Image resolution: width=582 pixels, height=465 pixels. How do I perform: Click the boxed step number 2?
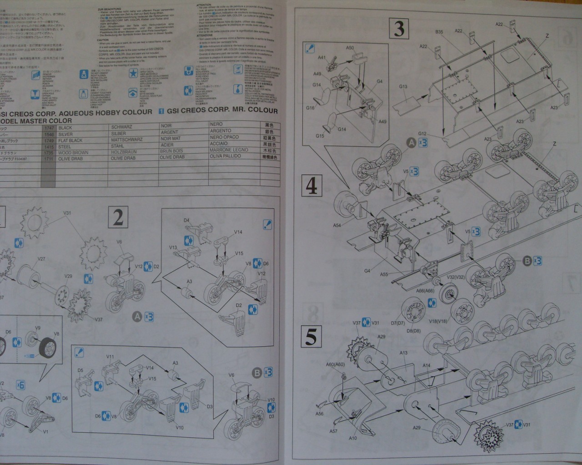point(118,218)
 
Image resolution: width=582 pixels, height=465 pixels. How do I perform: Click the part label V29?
point(68,276)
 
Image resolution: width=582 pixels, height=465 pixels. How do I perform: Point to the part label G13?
point(403,86)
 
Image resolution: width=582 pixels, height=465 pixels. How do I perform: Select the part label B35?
point(439,32)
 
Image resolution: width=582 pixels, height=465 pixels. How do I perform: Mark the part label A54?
point(337,225)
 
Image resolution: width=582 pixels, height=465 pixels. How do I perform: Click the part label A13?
point(403,352)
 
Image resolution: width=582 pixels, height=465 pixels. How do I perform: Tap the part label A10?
point(353,438)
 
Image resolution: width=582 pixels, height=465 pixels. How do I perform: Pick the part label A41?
point(322,58)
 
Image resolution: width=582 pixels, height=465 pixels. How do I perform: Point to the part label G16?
point(310,108)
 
